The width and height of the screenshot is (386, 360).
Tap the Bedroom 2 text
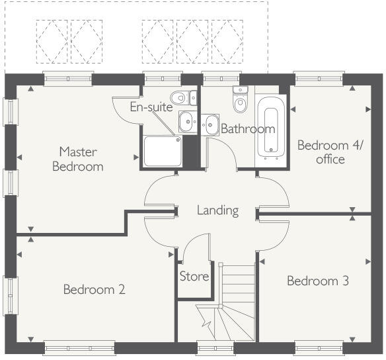[94, 289]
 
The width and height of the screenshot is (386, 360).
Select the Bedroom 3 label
[317, 281]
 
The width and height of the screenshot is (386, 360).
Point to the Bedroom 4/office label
[321, 152]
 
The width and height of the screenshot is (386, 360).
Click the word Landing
[217, 210]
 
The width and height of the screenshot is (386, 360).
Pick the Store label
[194, 276]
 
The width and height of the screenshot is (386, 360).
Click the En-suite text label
[151, 107]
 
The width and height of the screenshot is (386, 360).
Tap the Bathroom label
[247, 128]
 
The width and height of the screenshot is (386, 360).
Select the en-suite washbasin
[187, 121]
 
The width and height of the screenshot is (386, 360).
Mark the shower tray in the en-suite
[161, 151]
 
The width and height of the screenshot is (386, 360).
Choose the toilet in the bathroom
[240, 101]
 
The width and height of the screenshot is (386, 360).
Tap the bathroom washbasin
[211, 123]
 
